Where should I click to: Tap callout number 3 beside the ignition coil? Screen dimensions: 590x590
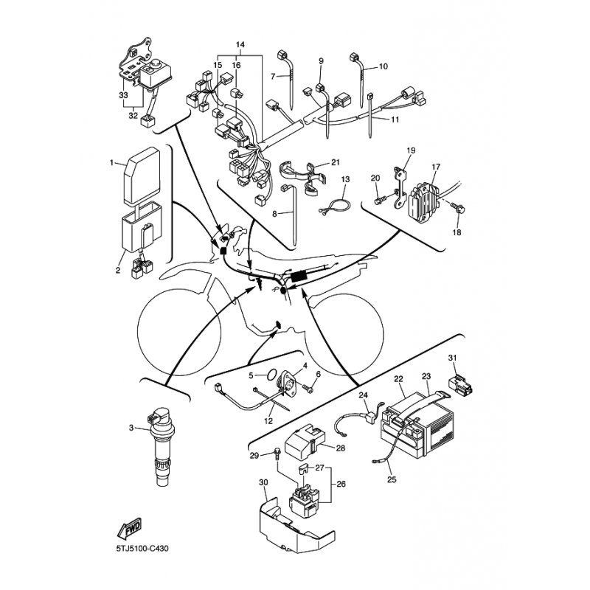131,428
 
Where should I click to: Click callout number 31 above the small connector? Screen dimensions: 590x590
452,358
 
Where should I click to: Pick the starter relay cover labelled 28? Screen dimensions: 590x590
305,440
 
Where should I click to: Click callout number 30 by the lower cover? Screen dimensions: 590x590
263,482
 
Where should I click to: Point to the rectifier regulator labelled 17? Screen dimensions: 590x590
423,198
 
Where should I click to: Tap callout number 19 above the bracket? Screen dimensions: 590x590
411,150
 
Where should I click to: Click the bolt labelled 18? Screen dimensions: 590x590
459,208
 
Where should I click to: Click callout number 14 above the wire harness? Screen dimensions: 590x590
240,45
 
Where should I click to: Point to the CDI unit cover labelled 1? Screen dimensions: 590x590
142,176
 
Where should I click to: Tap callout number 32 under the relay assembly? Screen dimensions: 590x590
133,116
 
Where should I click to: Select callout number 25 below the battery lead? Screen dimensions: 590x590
392,480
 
